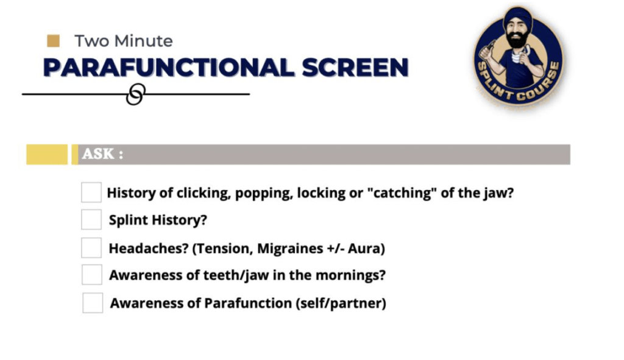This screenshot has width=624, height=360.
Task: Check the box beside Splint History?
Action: [x=91, y=219]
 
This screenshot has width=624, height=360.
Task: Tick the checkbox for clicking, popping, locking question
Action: [x=91, y=192]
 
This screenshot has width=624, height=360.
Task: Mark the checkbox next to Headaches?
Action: [x=91, y=248]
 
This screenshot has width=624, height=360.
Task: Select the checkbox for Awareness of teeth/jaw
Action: [x=92, y=275]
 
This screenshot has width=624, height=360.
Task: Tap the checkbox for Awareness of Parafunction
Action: [x=93, y=303]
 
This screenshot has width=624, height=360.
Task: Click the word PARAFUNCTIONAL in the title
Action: [x=169, y=67]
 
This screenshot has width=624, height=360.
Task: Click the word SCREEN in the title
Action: [x=355, y=67]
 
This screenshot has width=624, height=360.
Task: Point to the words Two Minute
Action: [x=123, y=41]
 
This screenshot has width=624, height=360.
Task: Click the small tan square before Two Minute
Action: [x=54, y=41]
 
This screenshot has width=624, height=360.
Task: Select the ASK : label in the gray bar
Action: [x=102, y=154]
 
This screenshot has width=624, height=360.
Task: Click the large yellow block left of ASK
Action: [x=47, y=154]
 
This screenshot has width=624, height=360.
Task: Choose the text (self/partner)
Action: [x=341, y=303]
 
